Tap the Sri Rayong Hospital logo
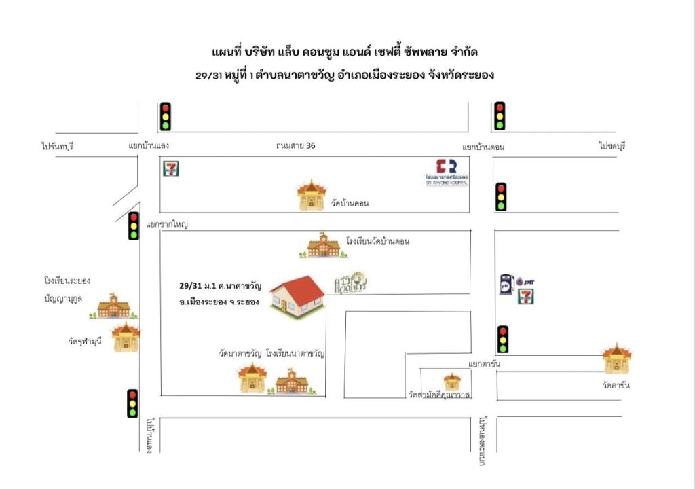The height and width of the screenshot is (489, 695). coord(446,171)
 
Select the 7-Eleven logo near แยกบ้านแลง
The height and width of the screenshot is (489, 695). coord(170,168)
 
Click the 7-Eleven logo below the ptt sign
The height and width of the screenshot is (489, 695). coord(524,296)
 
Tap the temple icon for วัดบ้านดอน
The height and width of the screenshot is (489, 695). coord(311,195)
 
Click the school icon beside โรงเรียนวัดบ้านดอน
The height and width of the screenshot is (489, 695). coord(323,246)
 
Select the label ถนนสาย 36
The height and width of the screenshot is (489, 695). coord(295,145)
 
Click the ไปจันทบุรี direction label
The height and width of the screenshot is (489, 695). coord(61,145)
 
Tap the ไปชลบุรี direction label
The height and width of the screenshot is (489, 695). coord(611,146)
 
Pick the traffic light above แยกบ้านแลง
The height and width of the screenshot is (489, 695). coord(165,116)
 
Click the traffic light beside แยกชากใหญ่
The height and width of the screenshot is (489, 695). coord(134,226)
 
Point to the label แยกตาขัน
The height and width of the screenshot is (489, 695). coord(484,365)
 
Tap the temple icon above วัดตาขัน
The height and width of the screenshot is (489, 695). coord(617,359)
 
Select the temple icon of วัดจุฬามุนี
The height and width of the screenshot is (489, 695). coord(126,337)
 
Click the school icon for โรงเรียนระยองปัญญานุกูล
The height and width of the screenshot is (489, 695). coord(113,306)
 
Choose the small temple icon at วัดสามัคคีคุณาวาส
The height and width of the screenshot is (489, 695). coord(451,381)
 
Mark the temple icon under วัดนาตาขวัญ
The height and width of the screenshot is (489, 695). coord(252,378)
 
